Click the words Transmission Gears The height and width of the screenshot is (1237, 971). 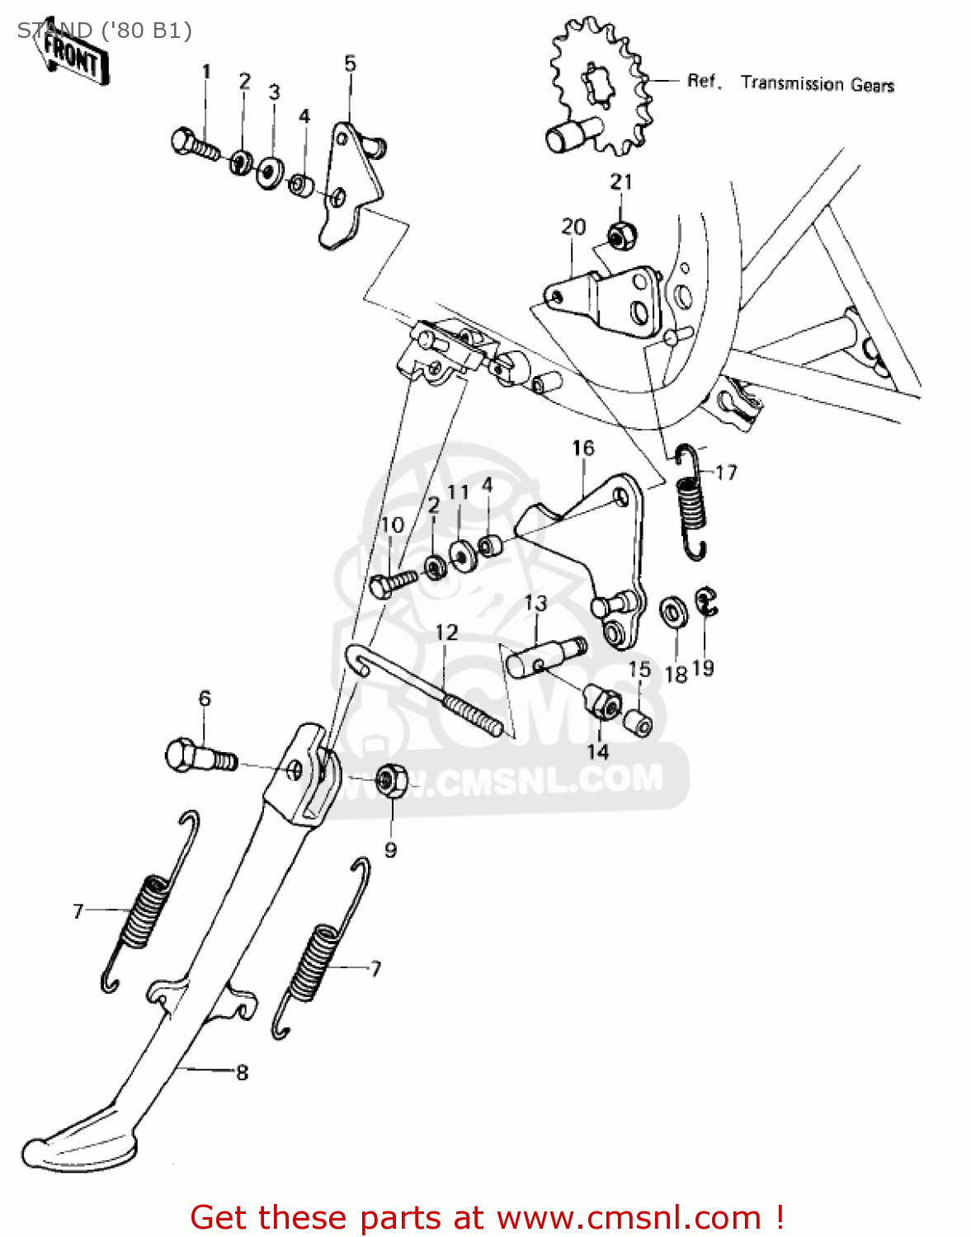pos(817,83)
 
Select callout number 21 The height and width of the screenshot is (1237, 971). pos(620,182)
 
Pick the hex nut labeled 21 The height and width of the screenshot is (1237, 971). pos(620,234)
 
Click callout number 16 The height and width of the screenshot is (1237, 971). pos(582,448)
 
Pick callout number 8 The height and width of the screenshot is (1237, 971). pos(242,1073)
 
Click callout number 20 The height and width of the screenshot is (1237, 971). pos(573,227)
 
